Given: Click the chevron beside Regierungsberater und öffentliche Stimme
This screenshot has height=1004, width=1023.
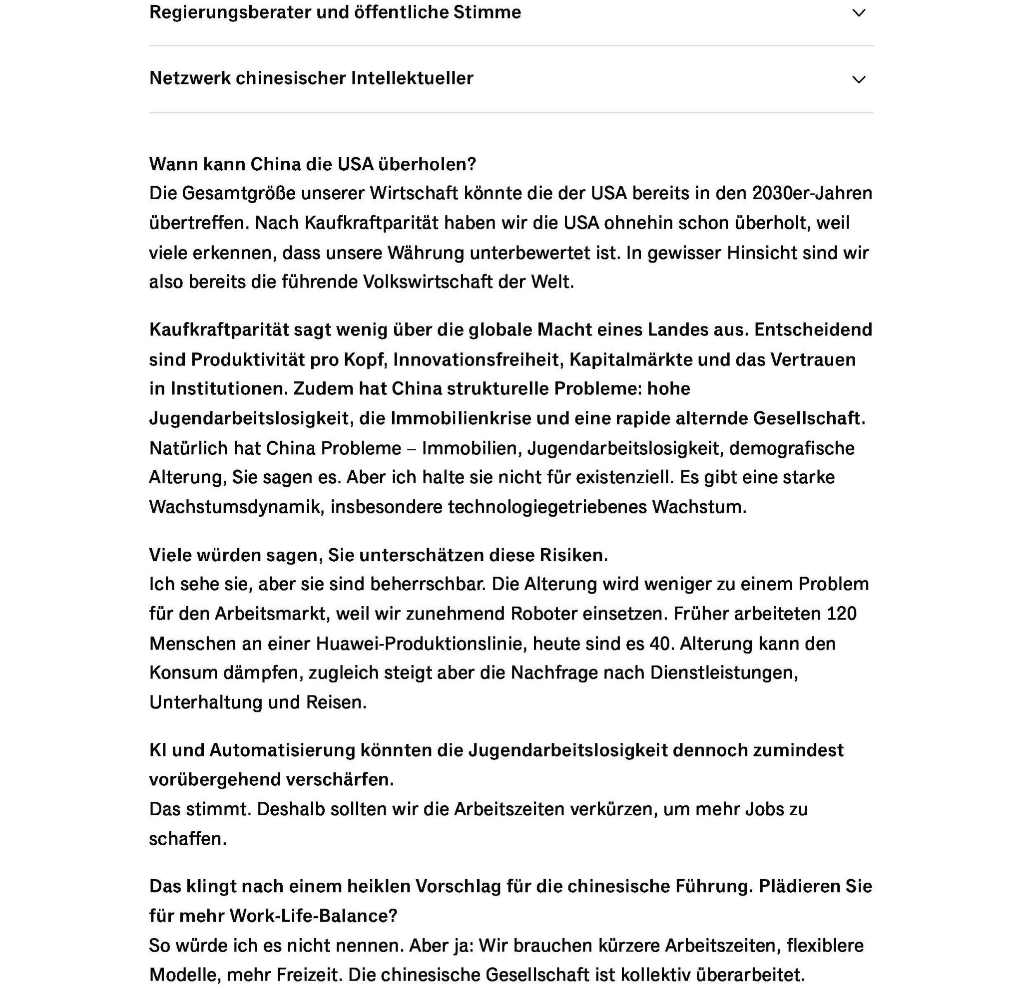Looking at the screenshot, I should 858,13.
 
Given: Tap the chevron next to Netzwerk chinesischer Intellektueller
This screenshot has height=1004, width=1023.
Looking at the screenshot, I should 858,79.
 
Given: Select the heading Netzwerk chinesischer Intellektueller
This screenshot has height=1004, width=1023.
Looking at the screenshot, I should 311,78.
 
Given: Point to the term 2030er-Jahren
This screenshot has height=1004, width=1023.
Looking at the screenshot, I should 812,193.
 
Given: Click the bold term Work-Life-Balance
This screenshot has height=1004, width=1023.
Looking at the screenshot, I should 313,916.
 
